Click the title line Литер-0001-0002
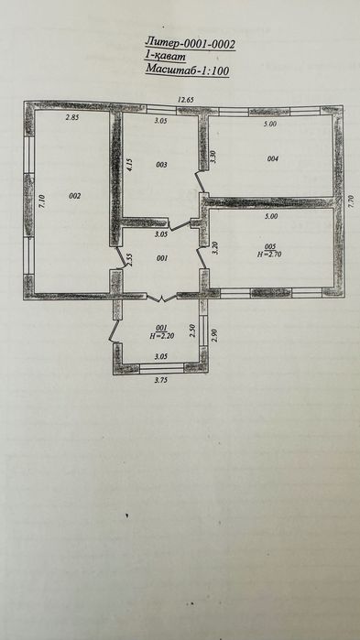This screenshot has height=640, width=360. [191, 43]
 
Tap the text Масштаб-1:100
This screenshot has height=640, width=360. [187, 70]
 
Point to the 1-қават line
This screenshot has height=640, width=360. [165, 57]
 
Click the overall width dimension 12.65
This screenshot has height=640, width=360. [186, 99]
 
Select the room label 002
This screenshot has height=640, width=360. [75, 196]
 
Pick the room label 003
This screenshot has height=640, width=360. [162, 165]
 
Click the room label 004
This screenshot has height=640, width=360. [273, 159]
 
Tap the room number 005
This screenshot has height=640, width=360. [270, 246]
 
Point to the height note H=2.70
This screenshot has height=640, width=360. [270, 254]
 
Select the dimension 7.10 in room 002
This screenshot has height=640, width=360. [43, 201]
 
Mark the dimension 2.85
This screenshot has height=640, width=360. [72, 117]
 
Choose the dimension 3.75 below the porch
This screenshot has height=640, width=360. [161, 379]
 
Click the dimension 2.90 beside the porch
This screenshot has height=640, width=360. [215, 336]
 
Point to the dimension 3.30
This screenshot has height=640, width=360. [212, 157]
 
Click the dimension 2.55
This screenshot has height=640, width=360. [129, 260]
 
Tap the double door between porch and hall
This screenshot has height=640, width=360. [161, 298]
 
